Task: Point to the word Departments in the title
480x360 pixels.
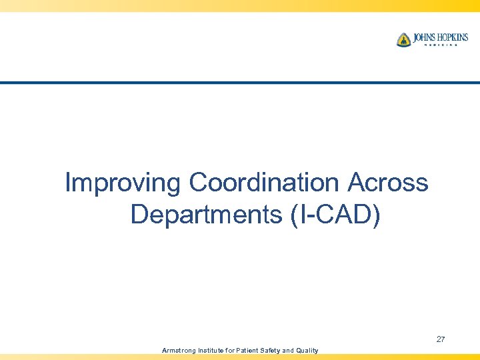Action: pyautogui.click(x=207, y=215)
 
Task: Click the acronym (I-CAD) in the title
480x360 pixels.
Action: pyautogui.click(x=336, y=215)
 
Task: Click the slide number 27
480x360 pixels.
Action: pyautogui.click(x=441, y=340)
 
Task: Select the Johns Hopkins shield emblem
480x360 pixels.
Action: pyautogui.click(x=403, y=40)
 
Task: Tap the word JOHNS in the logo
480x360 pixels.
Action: pyautogui.click(x=425, y=37)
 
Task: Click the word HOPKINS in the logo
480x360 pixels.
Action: pyautogui.click(x=454, y=37)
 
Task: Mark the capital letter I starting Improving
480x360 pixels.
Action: pyautogui.click(x=68, y=182)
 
